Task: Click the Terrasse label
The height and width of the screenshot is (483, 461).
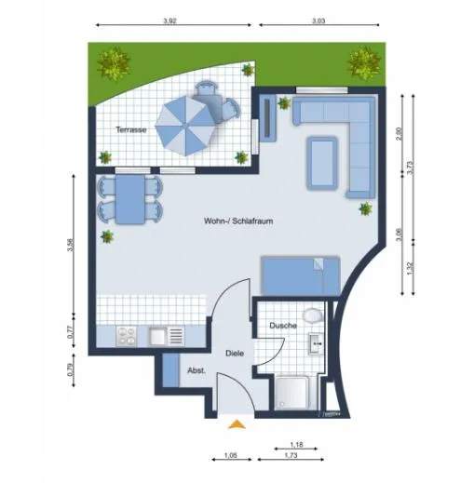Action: [x=131, y=129]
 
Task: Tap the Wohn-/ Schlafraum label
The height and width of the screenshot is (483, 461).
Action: [x=238, y=221]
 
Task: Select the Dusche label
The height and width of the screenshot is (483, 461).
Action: [x=283, y=326]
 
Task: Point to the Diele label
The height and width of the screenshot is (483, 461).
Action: [x=235, y=353]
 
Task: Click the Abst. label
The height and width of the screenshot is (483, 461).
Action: [x=197, y=370]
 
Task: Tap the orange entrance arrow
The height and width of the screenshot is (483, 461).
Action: [x=237, y=424]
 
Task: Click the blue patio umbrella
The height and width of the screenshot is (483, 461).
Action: [x=185, y=126]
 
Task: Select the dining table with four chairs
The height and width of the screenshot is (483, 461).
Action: [x=129, y=199]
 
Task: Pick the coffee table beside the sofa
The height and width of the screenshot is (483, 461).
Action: [x=322, y=163]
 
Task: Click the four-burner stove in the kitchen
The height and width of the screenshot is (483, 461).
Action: [x=127, y=336]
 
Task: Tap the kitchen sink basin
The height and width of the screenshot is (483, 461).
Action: [x=157, y=336]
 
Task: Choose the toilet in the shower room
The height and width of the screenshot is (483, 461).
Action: [x=314, y=315]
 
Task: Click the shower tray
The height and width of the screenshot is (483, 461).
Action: [x=292, y=393]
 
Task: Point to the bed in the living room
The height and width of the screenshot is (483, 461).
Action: [x=301, y=275]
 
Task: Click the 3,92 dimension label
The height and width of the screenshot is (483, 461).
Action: [x=169, y=21]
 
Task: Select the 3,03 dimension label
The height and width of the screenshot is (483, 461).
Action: [x=319, y=21]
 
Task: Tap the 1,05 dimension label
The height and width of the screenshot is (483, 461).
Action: [x=231, y=455]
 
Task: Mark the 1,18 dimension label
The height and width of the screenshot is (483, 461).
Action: [x=296, y=445]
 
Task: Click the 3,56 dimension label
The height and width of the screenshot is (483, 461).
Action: [x=72, y=245]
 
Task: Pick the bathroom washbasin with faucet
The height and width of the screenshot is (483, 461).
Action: [x=316, y=343]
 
